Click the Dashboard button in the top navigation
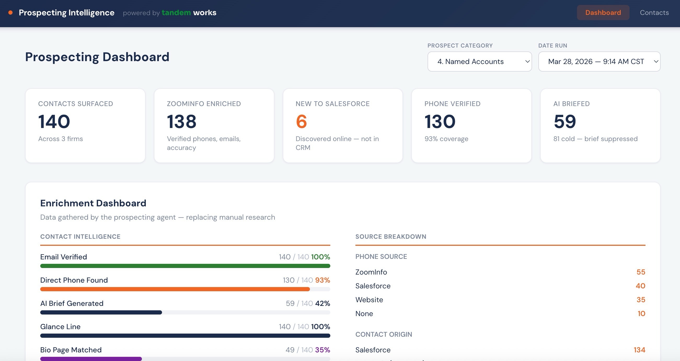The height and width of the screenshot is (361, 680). coord(603,13)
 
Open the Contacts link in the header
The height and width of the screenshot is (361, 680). coord(654,13)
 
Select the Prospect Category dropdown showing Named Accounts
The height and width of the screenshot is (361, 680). coord(479,61)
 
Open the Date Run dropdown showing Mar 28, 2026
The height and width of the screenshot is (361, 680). coord(599,61)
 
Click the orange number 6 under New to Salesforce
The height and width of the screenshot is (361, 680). coord(301,122)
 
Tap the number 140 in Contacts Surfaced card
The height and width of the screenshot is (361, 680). coord(54,122)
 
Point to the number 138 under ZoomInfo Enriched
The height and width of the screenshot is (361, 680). coord(182,122)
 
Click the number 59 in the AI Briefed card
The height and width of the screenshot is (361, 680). coord(565,122)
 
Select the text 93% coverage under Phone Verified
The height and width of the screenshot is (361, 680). coord(446,139)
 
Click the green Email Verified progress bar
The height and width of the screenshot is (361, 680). coord(185,266)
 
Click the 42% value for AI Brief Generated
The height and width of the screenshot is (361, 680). coord(322,304)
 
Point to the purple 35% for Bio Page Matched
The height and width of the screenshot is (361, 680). coord(322,350)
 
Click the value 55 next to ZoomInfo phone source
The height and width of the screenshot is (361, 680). coord(641,272)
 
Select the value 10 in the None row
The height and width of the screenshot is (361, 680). coord(641,314)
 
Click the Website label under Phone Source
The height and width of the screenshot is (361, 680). coord(369,300)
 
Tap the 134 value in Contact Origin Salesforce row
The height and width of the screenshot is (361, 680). coord(639,350)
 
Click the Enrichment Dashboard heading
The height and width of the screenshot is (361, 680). coord(93,203)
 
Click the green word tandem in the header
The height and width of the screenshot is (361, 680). coord(176,13)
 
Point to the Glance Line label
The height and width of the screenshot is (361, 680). coord(60,327)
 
